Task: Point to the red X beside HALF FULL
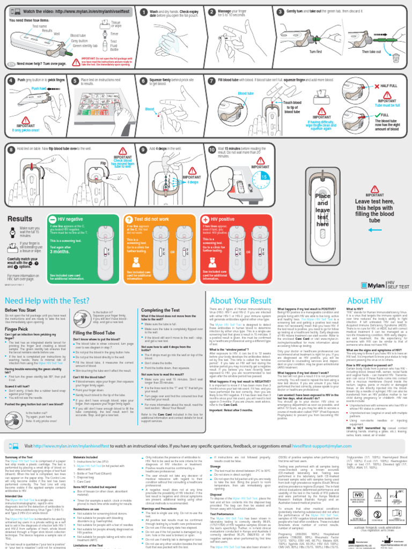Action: pyautogui.click(x=377, y=86)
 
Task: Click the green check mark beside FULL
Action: pyautogui.click(x=377, y=115)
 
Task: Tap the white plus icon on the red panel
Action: pyautogui.click(x=206, y=219)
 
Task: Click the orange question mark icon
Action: pyautogui.click(x=128, y=219)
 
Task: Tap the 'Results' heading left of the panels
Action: pyautogui.click(x=20, y=219)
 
